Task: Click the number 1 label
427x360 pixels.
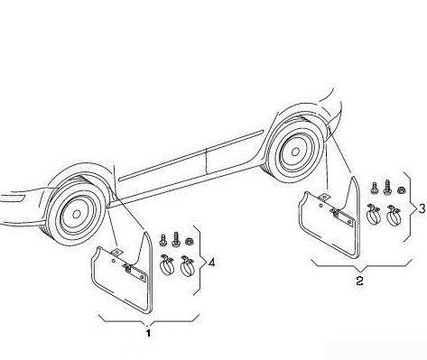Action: (x=148, y=333)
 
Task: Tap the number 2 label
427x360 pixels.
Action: (x=359, y=281)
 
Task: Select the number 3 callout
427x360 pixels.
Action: (x=422, y=208)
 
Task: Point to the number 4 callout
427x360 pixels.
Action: (x=211, y=263)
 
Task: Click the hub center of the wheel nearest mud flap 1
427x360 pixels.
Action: (x=77, y=214)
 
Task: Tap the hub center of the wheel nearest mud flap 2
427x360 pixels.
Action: (x=295, y=152)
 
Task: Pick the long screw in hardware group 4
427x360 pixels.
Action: (x=175, y=239)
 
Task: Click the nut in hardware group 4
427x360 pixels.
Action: (x=190, y=241)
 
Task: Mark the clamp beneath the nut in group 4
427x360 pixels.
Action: (x=187, y=265)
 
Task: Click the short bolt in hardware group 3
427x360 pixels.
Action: (x=374, y=189)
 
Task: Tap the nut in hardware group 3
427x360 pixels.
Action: (x=401, y=189)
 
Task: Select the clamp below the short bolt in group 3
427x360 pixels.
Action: (x=373, y=214)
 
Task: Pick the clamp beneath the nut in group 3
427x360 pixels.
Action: (x=394, y=215)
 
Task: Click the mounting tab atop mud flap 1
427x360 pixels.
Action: (x=117, y=253)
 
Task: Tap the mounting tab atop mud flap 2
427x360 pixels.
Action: (x=324, y=198)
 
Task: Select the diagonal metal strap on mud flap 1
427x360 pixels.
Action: (x=135, y=272)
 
